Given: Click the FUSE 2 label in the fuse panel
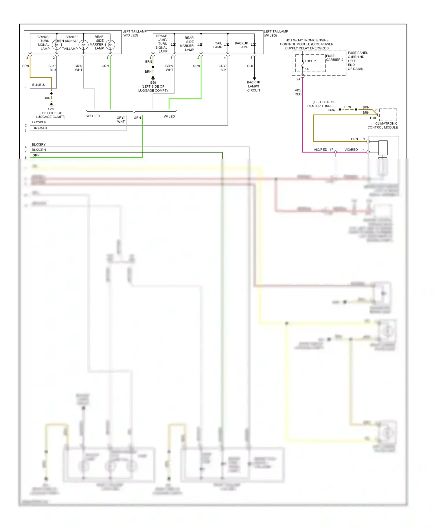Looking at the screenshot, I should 310,61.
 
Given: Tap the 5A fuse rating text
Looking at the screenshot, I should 307,69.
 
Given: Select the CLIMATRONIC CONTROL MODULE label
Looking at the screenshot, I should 382,125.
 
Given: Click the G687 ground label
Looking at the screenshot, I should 332,110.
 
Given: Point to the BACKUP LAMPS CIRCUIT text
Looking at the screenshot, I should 254,86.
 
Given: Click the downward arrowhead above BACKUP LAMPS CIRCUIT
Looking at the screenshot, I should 255,79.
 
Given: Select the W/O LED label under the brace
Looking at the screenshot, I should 93,116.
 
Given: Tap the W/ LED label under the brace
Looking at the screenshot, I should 169,116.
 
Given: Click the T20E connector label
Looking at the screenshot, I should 373,118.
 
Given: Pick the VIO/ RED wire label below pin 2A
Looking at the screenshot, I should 298,92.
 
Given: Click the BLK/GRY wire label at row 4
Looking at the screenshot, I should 38,144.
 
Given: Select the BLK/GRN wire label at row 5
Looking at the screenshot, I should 39,150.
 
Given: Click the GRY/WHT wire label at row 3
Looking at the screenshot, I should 40,128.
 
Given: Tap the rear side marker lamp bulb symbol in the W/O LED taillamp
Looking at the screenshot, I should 110,45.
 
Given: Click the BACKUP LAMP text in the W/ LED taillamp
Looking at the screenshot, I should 242,45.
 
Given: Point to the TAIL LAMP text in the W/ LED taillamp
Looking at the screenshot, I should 218,45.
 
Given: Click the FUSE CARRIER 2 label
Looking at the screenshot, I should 334,58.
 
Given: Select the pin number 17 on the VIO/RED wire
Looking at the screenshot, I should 331,150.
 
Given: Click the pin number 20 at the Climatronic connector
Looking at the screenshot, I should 376,110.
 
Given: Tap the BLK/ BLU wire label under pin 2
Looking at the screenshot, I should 52,68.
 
